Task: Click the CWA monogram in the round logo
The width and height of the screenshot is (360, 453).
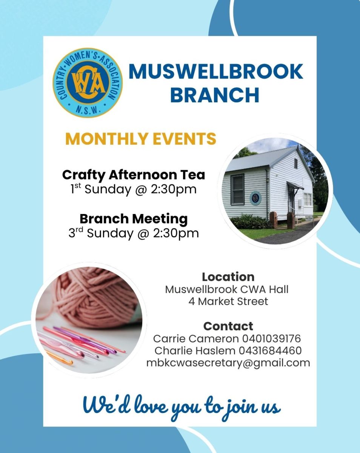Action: pyautogui.click(x=88, y=83)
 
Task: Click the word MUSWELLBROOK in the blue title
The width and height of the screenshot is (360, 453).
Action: pyautogui.click(x=216, y=72)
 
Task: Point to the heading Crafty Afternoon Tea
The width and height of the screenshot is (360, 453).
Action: pyautogui.click(x=134, y=175)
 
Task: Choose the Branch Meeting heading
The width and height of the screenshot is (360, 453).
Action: pyautogui.click(x=134, y=219)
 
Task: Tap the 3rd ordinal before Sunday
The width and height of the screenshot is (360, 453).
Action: pyautogui.click(x=75, y=233)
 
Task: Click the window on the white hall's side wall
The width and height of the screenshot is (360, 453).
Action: pyautogui.click(x=237, y=190)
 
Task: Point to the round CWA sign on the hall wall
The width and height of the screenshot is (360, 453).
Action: pyautogui.click(x=255, y=198)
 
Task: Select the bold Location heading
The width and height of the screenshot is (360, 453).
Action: pyautogui.click(x=228, y=277)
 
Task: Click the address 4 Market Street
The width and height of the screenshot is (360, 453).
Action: pyautogui.click(x=228, y=302)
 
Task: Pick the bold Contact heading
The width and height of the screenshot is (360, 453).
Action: pyautogui.click(x=228, y=326)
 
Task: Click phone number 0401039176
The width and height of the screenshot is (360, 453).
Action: pyautogui.click(x=271, y=339)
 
